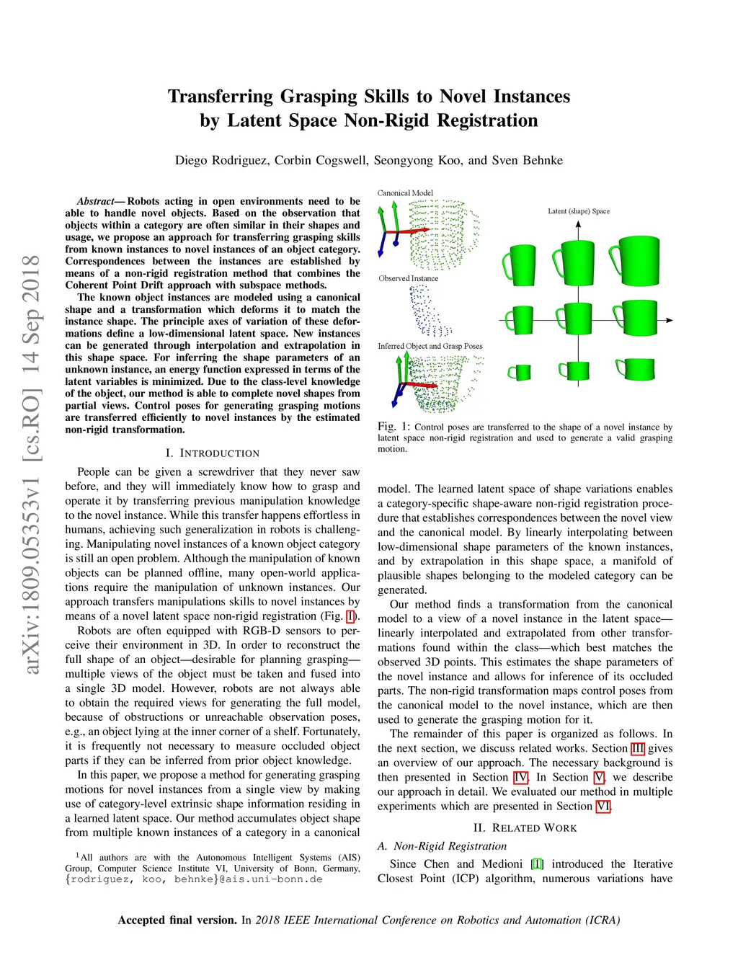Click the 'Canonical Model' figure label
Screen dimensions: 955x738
405,193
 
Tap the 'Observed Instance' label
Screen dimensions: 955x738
408,278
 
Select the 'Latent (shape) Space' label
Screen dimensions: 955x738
579,211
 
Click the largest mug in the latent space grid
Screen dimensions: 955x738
636,263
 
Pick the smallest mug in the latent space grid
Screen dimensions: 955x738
520,372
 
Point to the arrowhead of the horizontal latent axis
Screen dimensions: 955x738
670,320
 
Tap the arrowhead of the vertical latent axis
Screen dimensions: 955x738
579,224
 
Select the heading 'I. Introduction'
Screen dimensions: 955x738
213,453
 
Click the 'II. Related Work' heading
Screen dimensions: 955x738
525,828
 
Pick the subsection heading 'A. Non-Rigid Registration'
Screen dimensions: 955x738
442,846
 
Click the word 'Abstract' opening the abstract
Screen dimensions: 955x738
96,201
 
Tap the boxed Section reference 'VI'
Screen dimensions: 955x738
603,806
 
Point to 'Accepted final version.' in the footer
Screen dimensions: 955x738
177,920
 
